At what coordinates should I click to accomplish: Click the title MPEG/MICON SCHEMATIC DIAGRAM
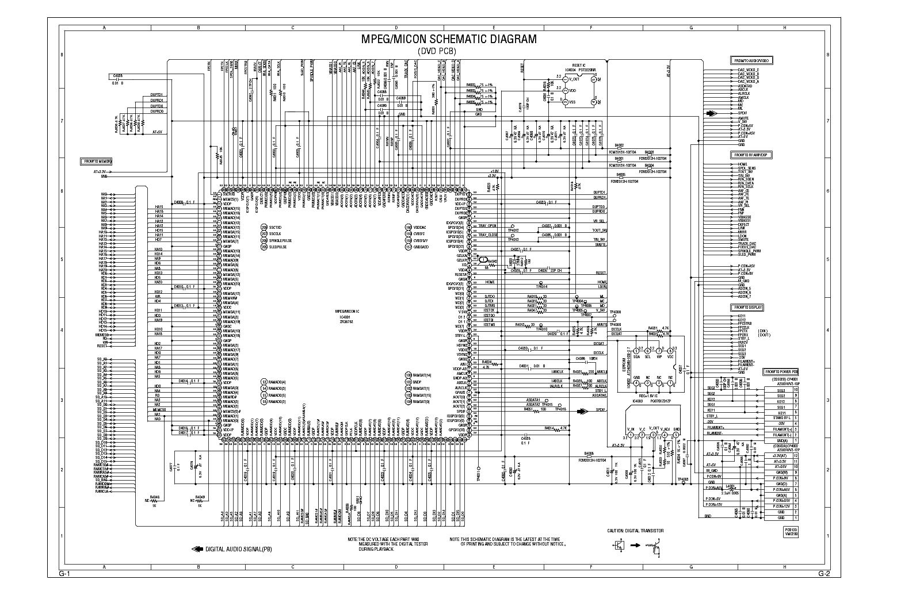tap(448, 40)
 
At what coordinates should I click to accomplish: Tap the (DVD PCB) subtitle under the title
tap(448, 51)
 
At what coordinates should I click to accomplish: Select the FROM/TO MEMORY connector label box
tap(96, 162)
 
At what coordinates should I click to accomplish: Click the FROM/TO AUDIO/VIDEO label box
tap(751, 60)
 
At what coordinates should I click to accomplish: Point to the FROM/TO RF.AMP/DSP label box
tap(752, 155)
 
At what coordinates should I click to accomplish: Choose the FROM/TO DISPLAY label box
tap(747, 308)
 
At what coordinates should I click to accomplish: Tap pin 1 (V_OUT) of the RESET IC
tap(565, 79)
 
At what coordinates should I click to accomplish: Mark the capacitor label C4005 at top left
tap(117, 76)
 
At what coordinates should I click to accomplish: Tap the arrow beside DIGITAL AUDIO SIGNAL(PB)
tap(197, 549)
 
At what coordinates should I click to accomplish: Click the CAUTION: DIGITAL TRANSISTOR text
tap(635, 531)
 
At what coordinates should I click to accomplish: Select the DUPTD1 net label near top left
tap(156, 95)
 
